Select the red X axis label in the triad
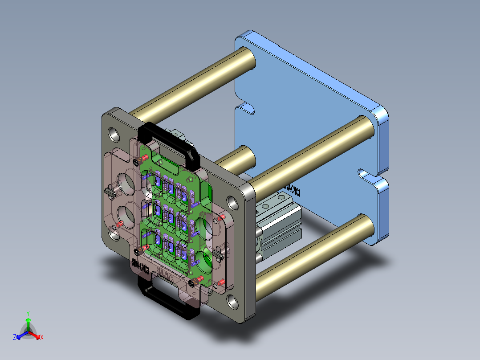point(42,338)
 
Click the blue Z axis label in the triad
point(15,338)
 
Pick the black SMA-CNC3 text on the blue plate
point(293,190)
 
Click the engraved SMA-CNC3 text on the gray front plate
point(140,265)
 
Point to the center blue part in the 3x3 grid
point(169,217)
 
